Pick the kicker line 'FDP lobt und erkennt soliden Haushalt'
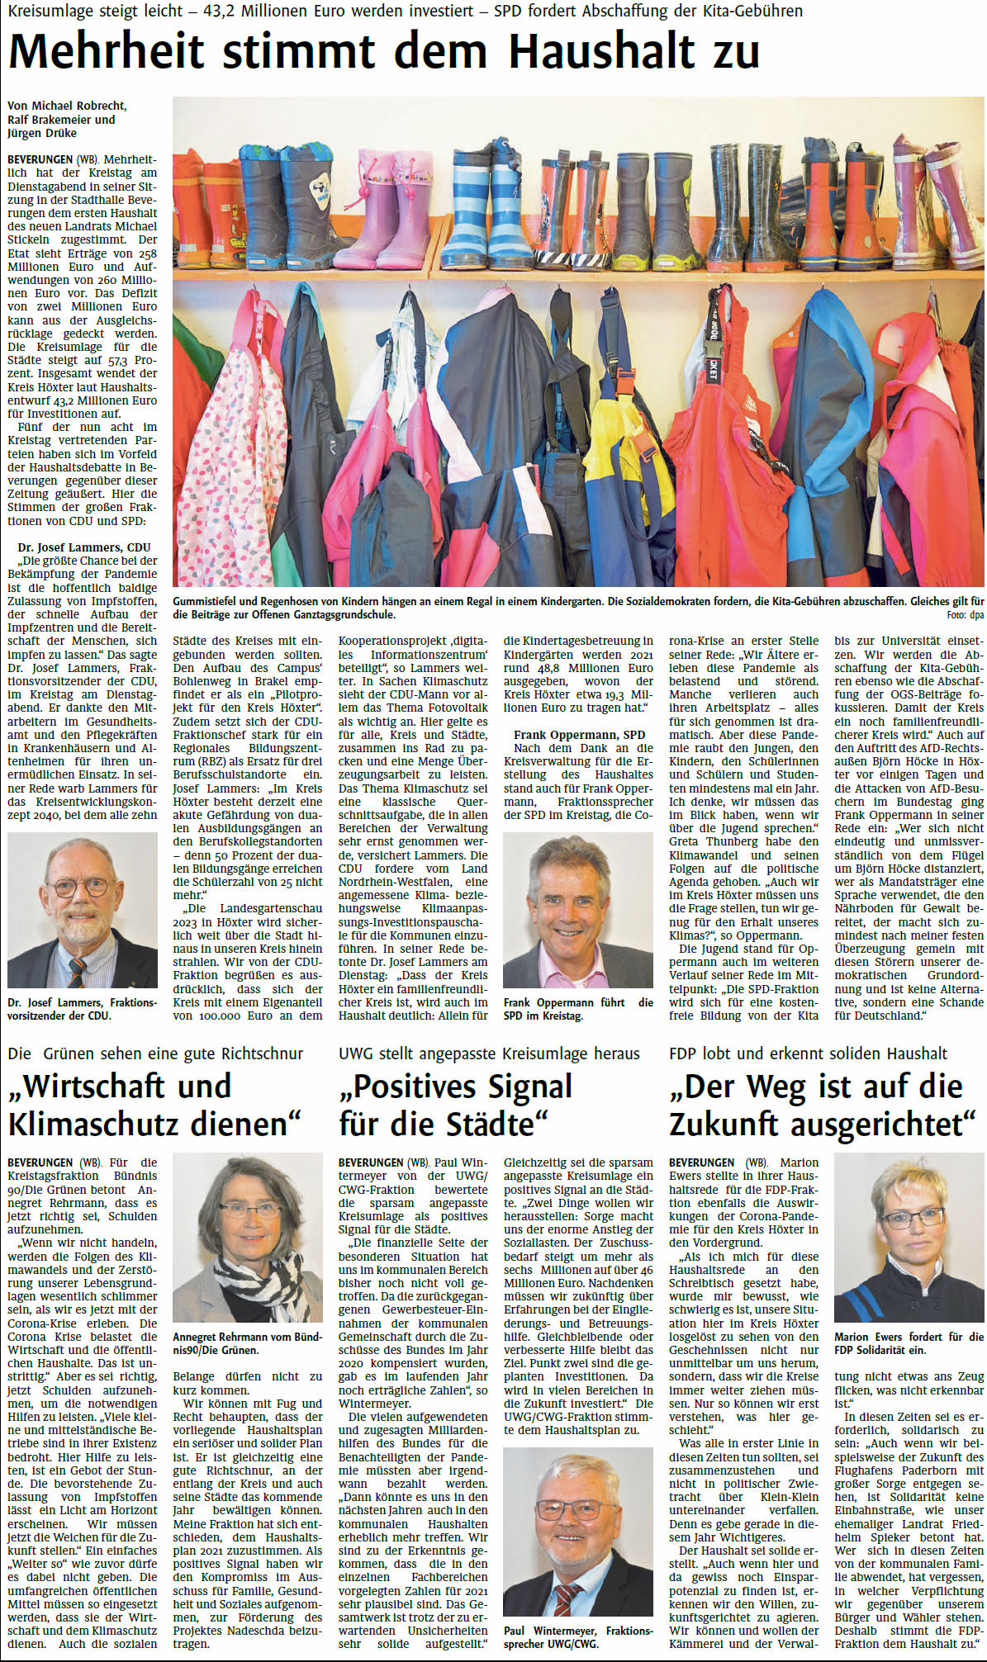[808, 1053]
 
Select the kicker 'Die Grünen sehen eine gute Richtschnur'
[155, 1053]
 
